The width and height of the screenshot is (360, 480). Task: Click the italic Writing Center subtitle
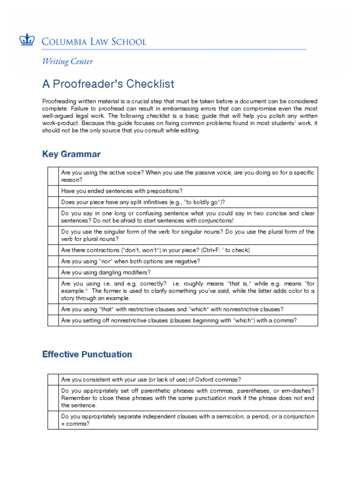click(67, 61)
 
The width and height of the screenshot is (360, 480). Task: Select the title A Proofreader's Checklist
click(108, 84)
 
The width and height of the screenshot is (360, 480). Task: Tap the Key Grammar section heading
click(71, 154)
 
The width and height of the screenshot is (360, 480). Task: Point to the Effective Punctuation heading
click(87, 354)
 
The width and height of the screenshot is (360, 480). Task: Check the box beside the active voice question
click(52, 176)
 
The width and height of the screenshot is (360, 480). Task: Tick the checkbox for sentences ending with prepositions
click(52, 191)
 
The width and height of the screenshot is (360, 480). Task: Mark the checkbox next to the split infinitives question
click(52, 202)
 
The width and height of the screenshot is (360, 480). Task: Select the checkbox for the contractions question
click(52, 250)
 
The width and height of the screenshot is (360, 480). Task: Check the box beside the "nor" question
click(52, 261)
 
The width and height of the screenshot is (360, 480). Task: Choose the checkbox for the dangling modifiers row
click(52, 272)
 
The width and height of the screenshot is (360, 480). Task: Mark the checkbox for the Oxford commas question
click(52, 379)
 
